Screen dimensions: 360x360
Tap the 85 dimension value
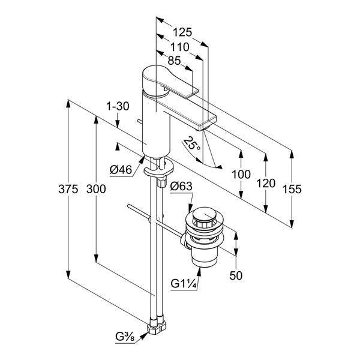click(175, 60)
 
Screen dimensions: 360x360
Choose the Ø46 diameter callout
click(121, 170)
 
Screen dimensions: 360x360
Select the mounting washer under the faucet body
click(157, 170)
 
